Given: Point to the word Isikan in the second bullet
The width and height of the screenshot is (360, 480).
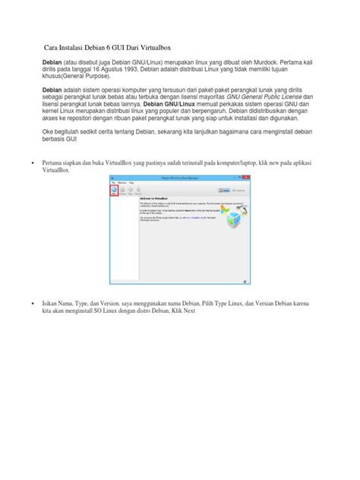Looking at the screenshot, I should click(52, 302).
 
